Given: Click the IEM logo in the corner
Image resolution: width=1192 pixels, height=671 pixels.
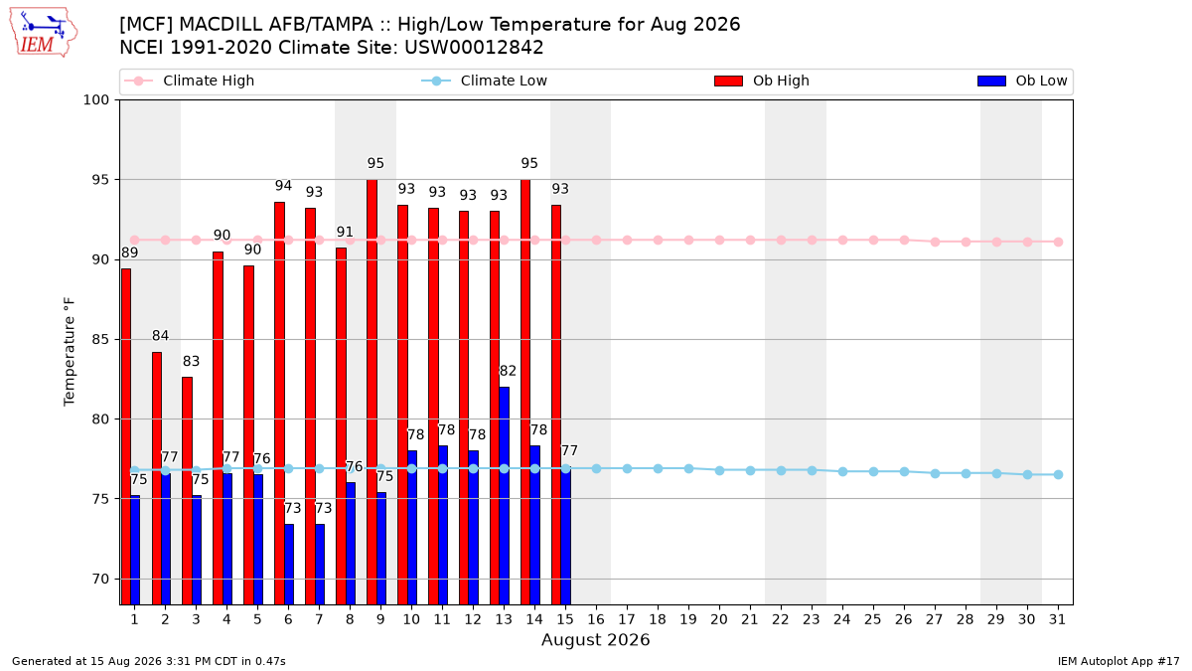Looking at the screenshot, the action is (x=44, y=33).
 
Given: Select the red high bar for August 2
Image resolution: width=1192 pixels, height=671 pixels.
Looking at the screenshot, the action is (x=157, y=478).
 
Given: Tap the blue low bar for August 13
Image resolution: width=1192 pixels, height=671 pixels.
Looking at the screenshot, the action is (x=504, y=496).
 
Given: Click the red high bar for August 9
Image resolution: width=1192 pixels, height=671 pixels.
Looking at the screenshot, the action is (x=372, y=392).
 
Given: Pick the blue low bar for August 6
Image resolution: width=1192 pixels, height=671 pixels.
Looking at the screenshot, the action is (x=289, y=565).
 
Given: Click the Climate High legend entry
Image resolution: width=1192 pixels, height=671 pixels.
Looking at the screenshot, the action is (x=189, y=81).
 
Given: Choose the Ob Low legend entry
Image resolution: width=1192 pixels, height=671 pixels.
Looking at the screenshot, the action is (x=1022, y=81).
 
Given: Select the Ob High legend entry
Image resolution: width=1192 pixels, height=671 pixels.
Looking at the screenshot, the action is (x=762, y=81).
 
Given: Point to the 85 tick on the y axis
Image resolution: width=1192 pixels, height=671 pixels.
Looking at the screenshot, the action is (x=99, y=339).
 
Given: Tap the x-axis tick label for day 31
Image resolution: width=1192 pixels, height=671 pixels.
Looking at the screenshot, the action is (x=1057, y=620).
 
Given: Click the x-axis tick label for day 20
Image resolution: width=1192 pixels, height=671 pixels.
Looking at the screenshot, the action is (x=719, y=620).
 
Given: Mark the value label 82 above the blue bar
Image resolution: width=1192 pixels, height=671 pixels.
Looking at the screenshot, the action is (x=508, y=371).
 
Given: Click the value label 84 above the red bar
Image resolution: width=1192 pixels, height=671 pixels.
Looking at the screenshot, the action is (x=160, y=336).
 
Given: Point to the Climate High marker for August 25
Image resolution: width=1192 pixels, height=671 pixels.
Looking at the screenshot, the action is (x=873, y=241).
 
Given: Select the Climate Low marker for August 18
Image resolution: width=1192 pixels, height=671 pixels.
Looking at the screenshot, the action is (x=658, y=468).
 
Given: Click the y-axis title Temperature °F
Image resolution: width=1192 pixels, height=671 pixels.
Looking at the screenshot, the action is (x=70, y=352).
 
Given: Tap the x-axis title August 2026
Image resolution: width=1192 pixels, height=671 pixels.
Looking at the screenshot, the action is (x=595, y=639).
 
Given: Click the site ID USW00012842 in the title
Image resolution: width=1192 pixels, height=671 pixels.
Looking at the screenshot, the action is (x=474, y=48).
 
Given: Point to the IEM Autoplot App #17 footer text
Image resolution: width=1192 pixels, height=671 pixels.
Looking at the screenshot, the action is (x=1118, y=661).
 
